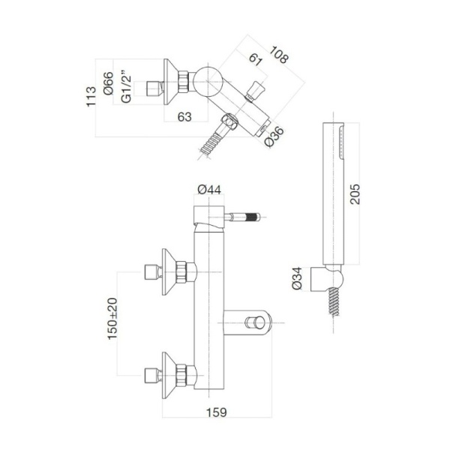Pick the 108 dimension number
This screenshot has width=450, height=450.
(282, 56)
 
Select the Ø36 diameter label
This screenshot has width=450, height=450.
(275, 137)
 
